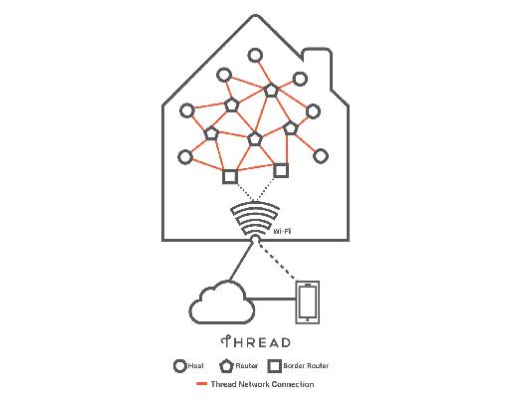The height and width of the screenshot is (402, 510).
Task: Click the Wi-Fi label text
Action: pos(282,231)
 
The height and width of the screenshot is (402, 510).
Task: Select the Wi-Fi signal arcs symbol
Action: pos(255,219)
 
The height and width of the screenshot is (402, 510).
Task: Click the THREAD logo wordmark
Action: pos(255,342)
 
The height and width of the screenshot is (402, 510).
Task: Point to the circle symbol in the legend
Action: pos(175,366)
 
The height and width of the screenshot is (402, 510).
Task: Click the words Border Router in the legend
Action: pos(306,366)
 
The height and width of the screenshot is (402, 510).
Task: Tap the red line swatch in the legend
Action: pos(201,384)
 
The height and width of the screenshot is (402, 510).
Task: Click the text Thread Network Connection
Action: pos(262,384)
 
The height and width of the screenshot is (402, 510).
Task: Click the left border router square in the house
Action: pos(223,176)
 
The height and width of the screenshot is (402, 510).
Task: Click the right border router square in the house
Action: pos(274,170)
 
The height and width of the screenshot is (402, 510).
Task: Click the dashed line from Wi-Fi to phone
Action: pos(275,261)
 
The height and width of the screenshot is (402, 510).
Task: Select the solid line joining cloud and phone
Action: pos(271,300)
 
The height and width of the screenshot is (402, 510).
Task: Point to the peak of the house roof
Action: pos(255,15)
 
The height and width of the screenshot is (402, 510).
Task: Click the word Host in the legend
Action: pos(196,366)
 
